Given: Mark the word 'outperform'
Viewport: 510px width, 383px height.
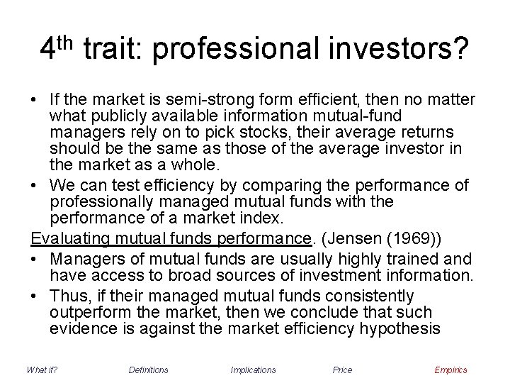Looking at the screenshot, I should [x=89, y=311].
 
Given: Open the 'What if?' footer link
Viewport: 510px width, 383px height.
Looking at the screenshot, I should [x=41, y=370].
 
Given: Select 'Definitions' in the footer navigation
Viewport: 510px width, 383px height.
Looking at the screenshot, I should [x=149, y=370].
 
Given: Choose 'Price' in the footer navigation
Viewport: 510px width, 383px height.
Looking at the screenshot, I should [x=342, y=370].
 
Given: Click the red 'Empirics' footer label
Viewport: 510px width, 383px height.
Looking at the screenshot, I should [x=450, y=370].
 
